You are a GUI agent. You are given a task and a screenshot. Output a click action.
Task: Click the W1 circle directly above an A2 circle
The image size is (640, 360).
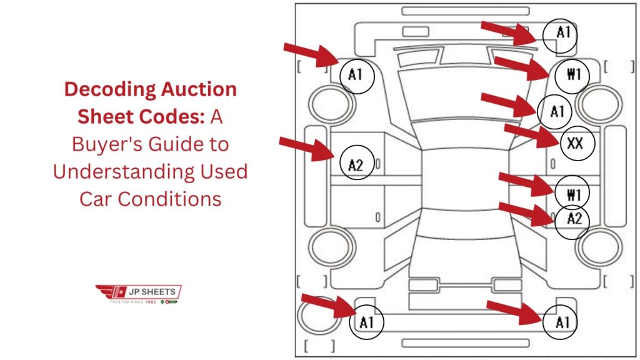coord(573,194)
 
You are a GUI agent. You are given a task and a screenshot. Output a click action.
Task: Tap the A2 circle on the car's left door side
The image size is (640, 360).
coord(356,165)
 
